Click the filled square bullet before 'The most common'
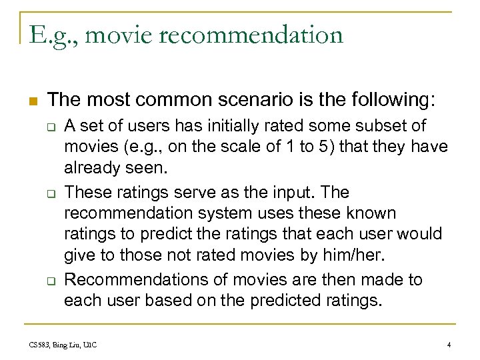tap(32, 102)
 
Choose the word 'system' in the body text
tap(223, 213)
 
